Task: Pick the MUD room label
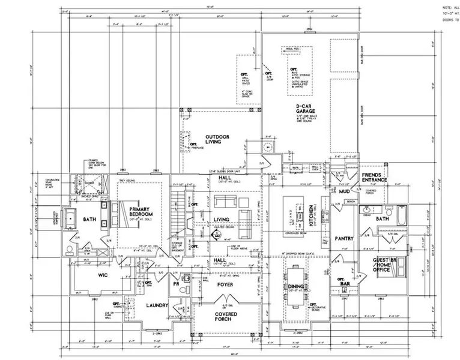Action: click(344, 191)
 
